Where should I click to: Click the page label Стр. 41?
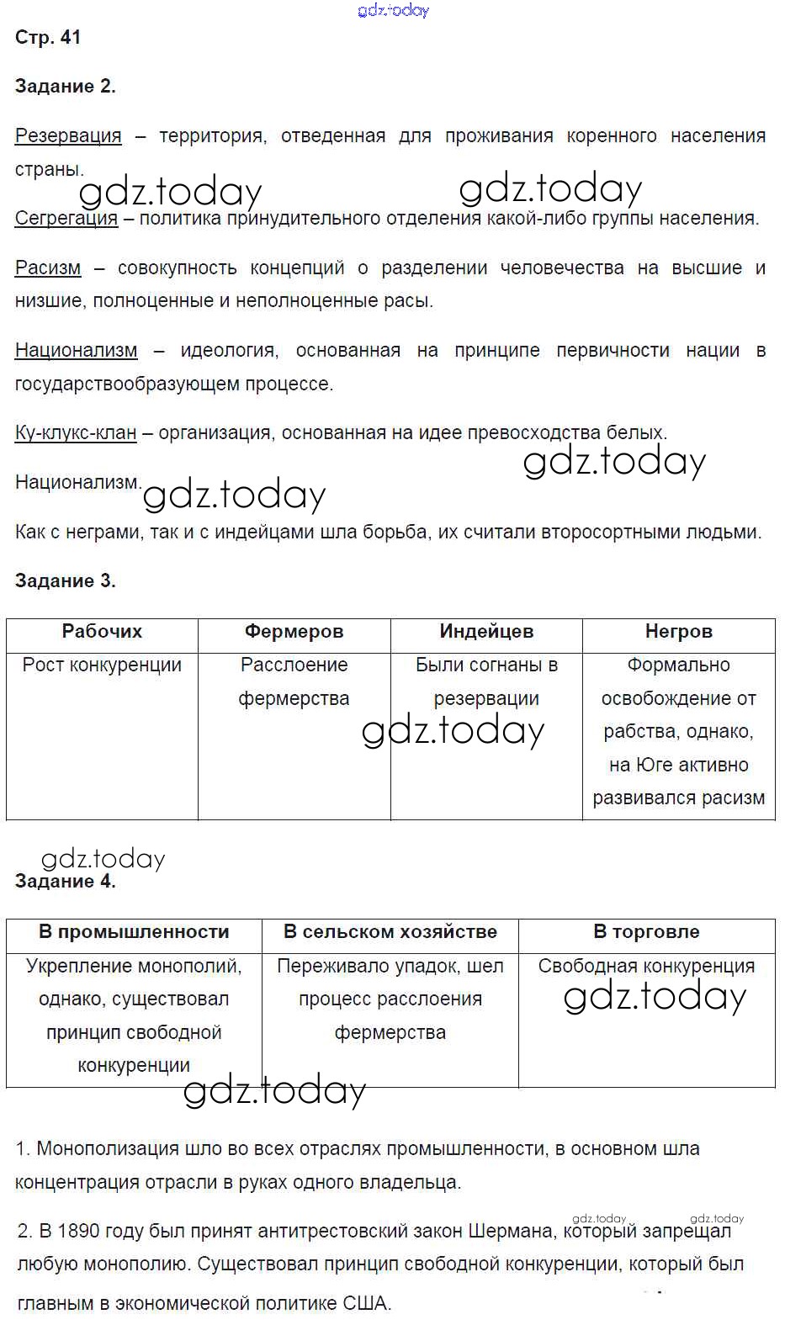click(48, 37)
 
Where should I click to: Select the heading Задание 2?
click(65, 86)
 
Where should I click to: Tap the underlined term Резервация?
click(68, 135)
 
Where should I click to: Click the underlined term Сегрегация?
click(66, 218)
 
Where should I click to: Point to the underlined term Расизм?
click(48, 268)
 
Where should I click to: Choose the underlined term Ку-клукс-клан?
click(76, 432)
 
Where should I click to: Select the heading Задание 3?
click(65, 580)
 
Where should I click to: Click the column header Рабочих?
click(102, 632)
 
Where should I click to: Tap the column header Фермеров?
click(294, 632)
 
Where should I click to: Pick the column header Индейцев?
click(486, 632)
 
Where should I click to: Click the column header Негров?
click(678, 632)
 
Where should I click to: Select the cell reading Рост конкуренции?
click(102, 665)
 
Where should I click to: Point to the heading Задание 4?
click(65, 881)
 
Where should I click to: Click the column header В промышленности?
click(134, 932)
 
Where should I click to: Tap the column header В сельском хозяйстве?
click(390, 932)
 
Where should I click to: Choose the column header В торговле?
click(646, 932)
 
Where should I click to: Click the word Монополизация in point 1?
click(102, 1148)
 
